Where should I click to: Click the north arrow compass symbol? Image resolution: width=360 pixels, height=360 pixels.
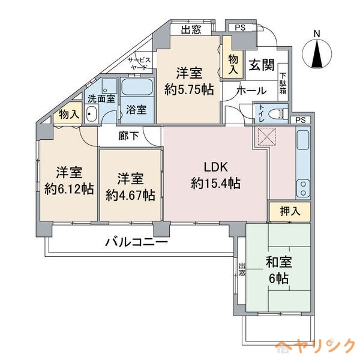[x=317, y=52]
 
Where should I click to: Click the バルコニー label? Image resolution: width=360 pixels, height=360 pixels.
[x=137, y=243]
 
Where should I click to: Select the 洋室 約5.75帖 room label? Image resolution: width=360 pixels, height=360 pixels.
[x=189, y=81]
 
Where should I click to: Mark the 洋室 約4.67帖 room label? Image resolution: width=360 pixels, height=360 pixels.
[x=130, y=186]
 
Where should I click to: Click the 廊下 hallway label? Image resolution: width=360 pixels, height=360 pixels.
[x=128, y=136]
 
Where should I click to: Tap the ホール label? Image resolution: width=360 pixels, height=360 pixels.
[x=247, y=91]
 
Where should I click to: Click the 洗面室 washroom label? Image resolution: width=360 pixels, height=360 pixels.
[x=101, y=99]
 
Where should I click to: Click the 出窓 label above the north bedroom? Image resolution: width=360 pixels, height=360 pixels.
[x=191, y=29]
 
